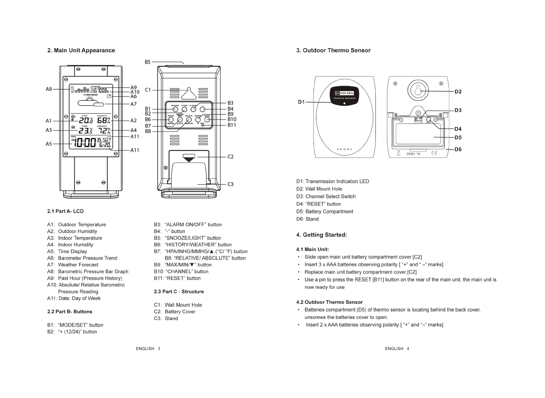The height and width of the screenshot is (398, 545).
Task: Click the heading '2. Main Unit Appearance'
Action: [81, 51]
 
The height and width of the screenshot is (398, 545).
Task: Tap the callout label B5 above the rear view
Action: [148, 62]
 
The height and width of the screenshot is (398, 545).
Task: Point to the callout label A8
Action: [49, 89]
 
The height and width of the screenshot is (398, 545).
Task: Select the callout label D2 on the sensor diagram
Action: [458, 92]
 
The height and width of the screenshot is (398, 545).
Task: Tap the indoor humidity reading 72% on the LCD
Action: [104, 131]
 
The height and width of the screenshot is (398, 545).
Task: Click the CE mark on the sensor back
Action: [434, 153]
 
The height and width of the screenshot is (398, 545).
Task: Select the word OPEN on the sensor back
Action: [410, 154]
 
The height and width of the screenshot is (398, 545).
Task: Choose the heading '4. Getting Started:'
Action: [321, 235]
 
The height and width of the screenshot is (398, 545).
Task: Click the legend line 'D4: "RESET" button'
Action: [318, 204]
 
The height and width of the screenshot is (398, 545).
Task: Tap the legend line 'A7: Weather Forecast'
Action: [73, 265]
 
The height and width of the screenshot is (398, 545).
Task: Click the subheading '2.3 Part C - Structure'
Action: [179, 291]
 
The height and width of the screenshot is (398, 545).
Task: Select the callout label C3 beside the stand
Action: [230, 184]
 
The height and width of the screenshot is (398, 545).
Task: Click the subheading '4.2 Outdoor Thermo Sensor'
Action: [329, 302]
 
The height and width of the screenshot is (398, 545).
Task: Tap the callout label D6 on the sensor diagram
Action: [458, 149]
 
